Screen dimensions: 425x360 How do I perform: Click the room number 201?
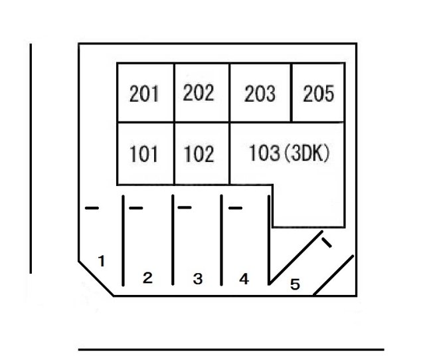(144, 94)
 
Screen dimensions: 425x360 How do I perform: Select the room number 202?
(199, 93)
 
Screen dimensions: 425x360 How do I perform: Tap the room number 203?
(260, 94)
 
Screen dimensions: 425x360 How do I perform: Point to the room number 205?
(319, 94)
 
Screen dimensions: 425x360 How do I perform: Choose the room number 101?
(143, 154)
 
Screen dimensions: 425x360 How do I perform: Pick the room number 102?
(199, 154)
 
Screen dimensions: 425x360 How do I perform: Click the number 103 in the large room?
(264, 153)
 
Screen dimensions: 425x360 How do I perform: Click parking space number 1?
(102, 261)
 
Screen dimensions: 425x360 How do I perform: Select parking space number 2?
(147, 278)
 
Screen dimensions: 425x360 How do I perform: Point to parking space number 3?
(198, 279)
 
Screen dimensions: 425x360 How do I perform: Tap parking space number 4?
(244, 279)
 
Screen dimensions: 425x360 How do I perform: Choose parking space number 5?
(295, 284)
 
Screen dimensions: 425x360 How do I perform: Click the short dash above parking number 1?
(92, 208)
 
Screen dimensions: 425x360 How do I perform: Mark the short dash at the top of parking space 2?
(135, 208)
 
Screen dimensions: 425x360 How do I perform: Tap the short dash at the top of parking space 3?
(185, 208)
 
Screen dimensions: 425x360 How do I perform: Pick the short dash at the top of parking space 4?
(235, 208)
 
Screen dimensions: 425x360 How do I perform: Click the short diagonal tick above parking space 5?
(326, 242)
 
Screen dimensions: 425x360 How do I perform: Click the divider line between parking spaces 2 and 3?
(173, 240)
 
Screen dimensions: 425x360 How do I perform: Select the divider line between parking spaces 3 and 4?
(221, 240)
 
